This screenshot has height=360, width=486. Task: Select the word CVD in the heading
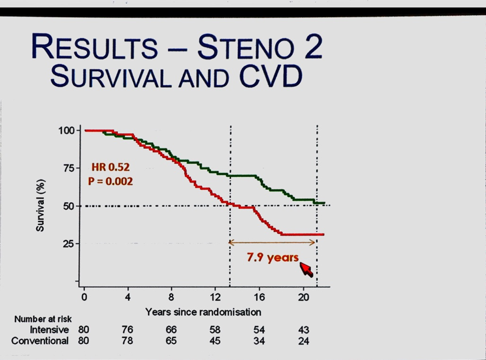(271, 76)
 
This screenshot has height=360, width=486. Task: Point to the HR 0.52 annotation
(110, 168)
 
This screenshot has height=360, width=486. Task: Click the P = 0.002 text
(110, 181)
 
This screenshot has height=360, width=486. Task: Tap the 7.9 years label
(273, 257)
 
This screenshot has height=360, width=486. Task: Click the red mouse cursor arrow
(306, 269)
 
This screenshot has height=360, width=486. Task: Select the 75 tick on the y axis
(69, 168)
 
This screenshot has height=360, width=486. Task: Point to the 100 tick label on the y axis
(66, 130)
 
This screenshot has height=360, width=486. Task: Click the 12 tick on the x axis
(215, 297)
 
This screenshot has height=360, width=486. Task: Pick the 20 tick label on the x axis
(303, 297)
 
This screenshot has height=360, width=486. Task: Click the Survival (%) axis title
(41, 205)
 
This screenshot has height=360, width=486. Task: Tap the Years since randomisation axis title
(203, 312)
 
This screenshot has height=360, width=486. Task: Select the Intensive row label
(49, 330)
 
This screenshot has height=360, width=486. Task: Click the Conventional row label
(40, 341)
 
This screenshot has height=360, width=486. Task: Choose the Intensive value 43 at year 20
(303, 330)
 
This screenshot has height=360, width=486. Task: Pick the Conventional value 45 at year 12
(215, 341)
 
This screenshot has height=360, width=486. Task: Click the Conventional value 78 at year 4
(128, 341)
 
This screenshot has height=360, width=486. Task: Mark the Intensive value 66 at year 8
(171, 330)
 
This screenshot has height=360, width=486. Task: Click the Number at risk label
(43, 319)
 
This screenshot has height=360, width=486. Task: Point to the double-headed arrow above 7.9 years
(272, 243)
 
